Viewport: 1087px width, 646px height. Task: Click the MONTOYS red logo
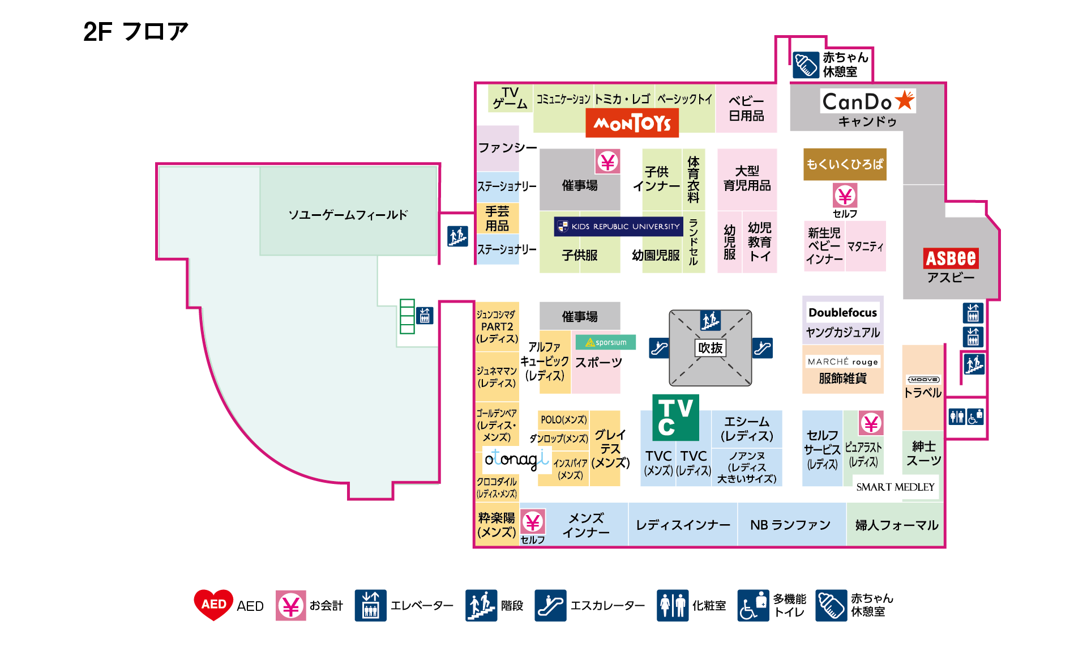[x=632, y=124]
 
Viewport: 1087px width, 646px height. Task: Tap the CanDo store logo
[x=868, y=101]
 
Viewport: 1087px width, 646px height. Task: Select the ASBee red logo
[x=951, y=258]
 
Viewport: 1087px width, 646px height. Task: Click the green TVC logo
[x=675, y=417]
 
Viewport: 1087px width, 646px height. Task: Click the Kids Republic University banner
[x=618, y=227]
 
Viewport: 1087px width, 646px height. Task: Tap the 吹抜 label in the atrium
[x=710, y=348]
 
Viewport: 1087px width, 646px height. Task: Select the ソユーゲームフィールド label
[x=348, y=215]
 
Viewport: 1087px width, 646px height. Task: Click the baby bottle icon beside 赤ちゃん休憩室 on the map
[x=806, y=65]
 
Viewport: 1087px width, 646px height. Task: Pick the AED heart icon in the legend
[x=213, y=605]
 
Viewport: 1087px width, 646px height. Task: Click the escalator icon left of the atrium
[x=659, y=348]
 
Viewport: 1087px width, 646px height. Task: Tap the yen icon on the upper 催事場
[x=607, y=162]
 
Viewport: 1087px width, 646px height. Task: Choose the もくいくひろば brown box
[x=844, y=164]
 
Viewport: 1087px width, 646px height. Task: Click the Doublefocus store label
[x=842, y=312]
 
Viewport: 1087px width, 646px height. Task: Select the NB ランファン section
[x=790, y=525]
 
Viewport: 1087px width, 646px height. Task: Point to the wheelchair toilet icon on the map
[x=975, y=416]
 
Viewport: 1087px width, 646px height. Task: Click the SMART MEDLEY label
[x=895, y=487]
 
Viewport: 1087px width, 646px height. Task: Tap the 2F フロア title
[x=136, y=32]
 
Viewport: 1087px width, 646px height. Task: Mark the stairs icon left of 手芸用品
[x=457, y=236]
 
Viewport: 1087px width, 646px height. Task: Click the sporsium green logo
[x=606, y=342]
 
